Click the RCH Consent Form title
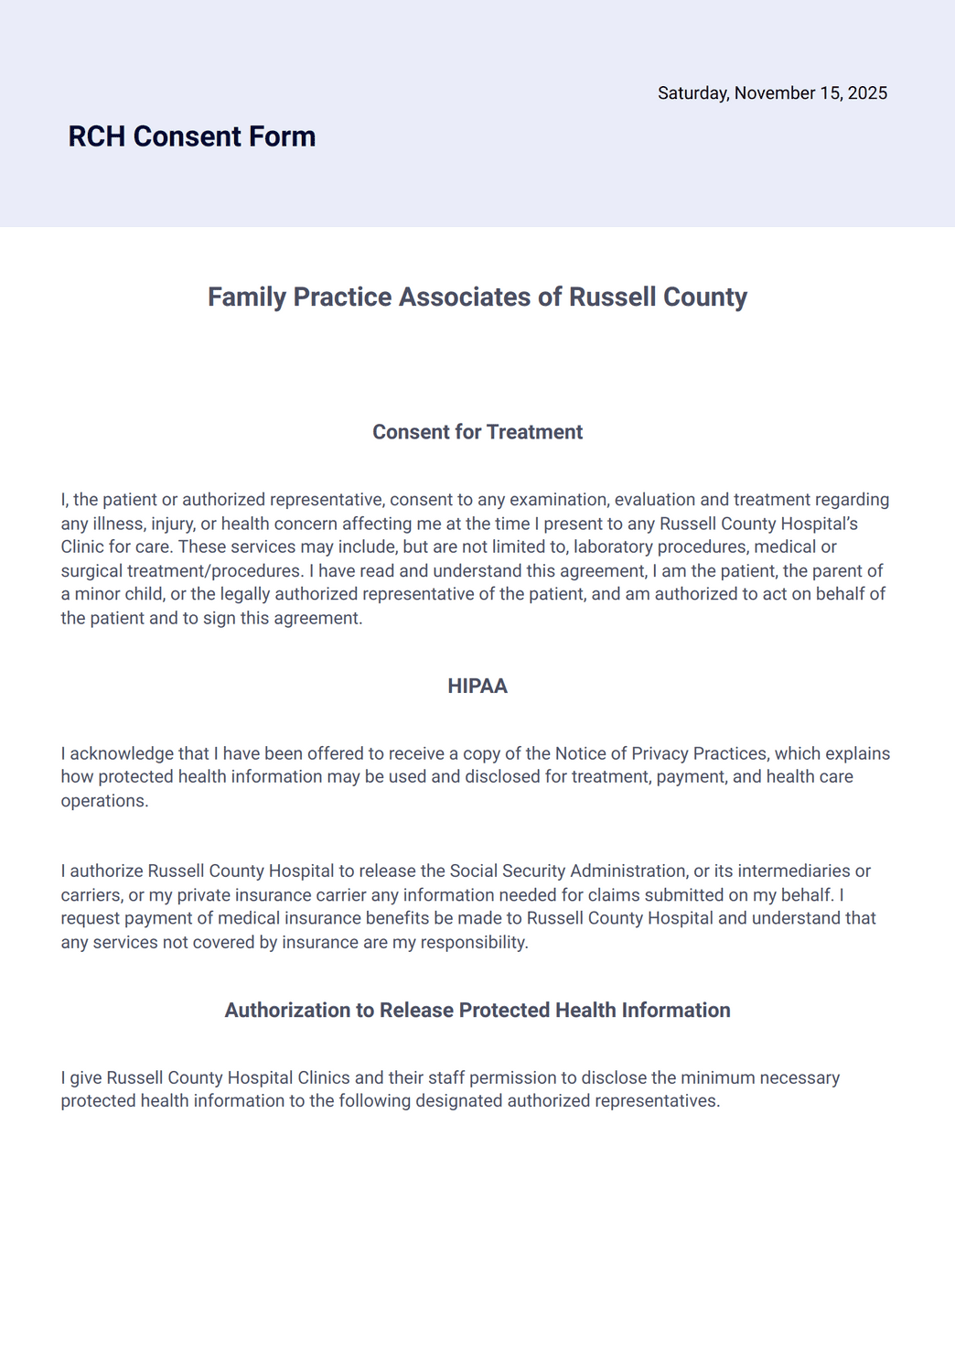(192, 136)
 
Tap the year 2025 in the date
(867, 93)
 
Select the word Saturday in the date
(692, 93)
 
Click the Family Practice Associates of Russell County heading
(477, 297)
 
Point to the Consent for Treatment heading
(477, 432)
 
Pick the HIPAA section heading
(477, 687)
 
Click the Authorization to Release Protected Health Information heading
(477, 1011)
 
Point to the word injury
(146, 524)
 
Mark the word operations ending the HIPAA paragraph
(103, 801)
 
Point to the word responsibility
(474, 942)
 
